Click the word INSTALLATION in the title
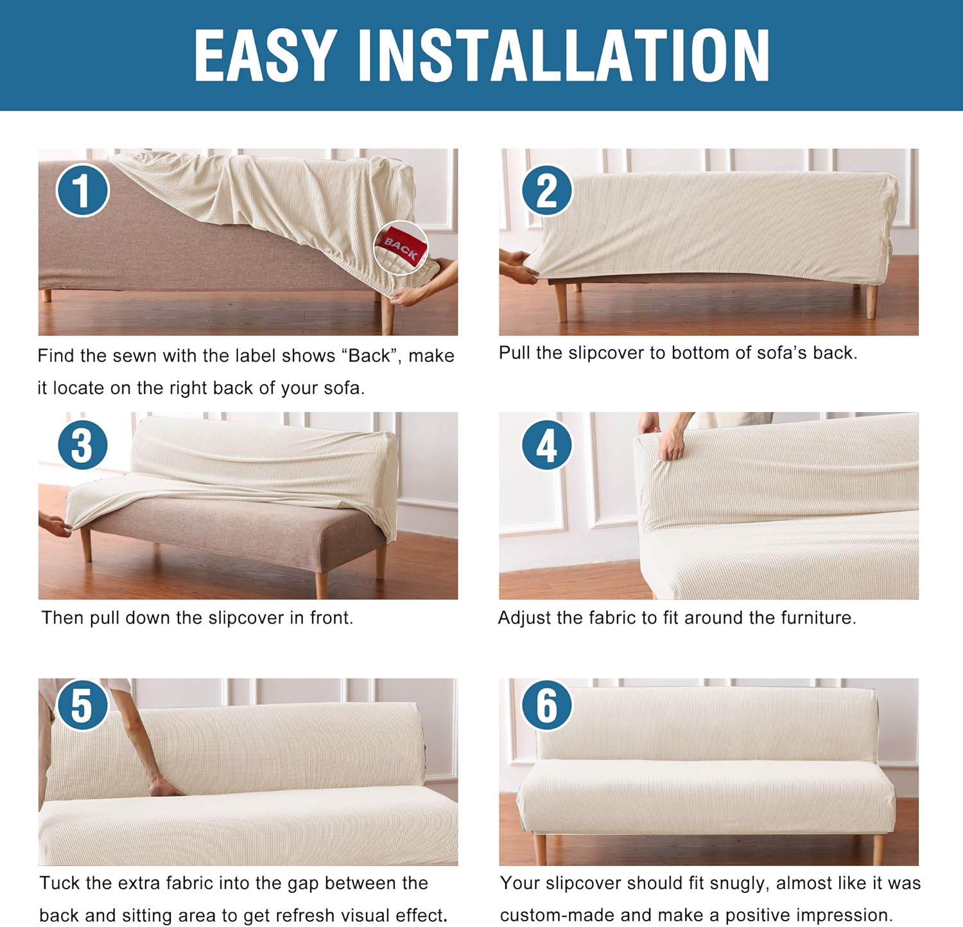pos(563,56)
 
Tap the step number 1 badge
pos(82,190)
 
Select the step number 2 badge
pos(546,190)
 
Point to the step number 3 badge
pos(82,445)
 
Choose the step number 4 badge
pos(546,445)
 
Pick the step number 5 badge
pos(82,705)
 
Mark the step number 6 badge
pos(546,705)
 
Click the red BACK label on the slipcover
pos(402,246)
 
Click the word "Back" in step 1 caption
pos(369,356)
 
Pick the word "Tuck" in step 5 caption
pos(60,883)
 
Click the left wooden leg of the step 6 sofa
pos(540,849)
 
